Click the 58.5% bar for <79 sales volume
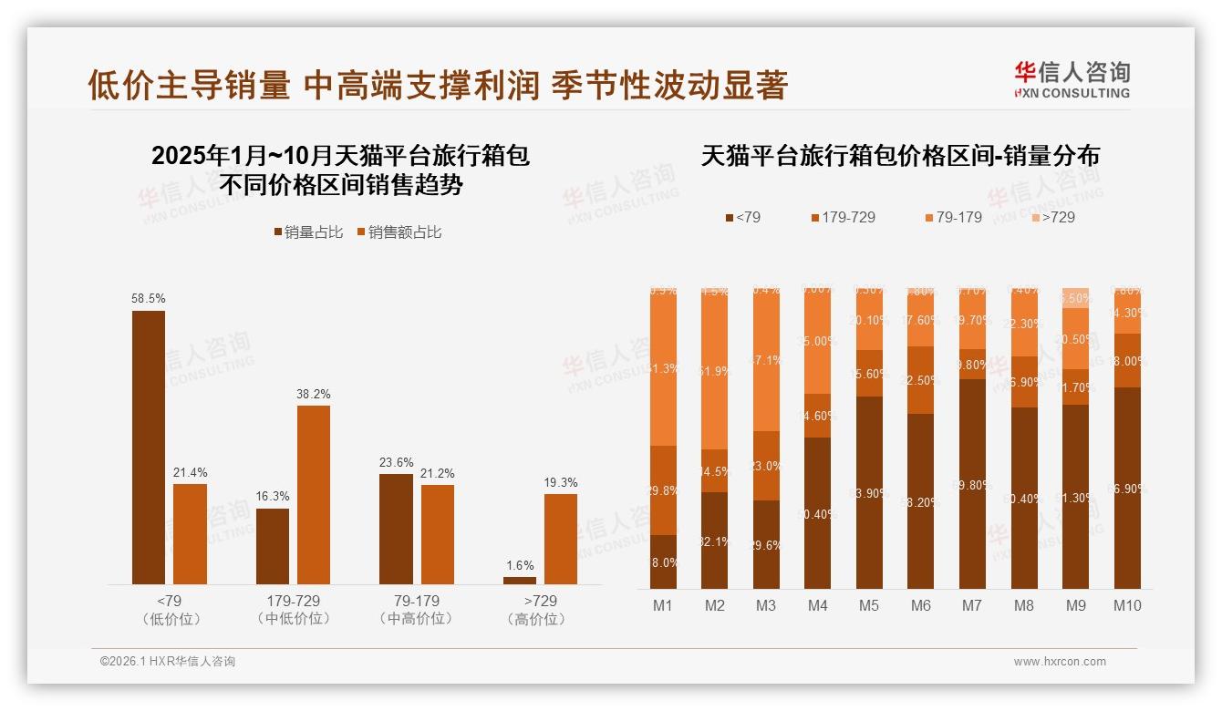pos(149,447)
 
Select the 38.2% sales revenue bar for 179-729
pos(314,495)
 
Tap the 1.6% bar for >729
pos(520,581)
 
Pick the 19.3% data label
pos(561,482)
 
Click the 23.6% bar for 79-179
pos(396,529)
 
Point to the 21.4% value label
pos(190,472)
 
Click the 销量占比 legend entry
pos(308,232)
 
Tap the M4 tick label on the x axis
pos(817,605)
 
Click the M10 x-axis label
pos(1127,605)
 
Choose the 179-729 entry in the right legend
pos(843,217)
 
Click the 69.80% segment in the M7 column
pos(972,483)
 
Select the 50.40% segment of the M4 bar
pos(817,512)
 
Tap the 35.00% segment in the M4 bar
pos(817,342)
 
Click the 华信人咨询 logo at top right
pos(1072,79)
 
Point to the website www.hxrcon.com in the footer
pos(1060,662)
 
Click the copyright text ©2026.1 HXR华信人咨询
pos(167,662)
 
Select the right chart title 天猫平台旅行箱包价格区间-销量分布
pos(900,156)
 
